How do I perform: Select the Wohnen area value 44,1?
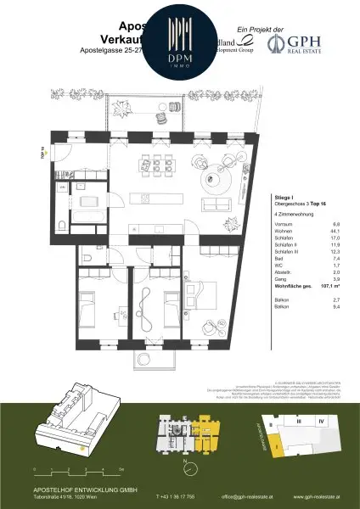pos(335,232)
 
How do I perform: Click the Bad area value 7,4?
pos(336,259)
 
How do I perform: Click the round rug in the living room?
pos(213,177)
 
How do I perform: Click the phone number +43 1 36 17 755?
pos(181,495)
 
